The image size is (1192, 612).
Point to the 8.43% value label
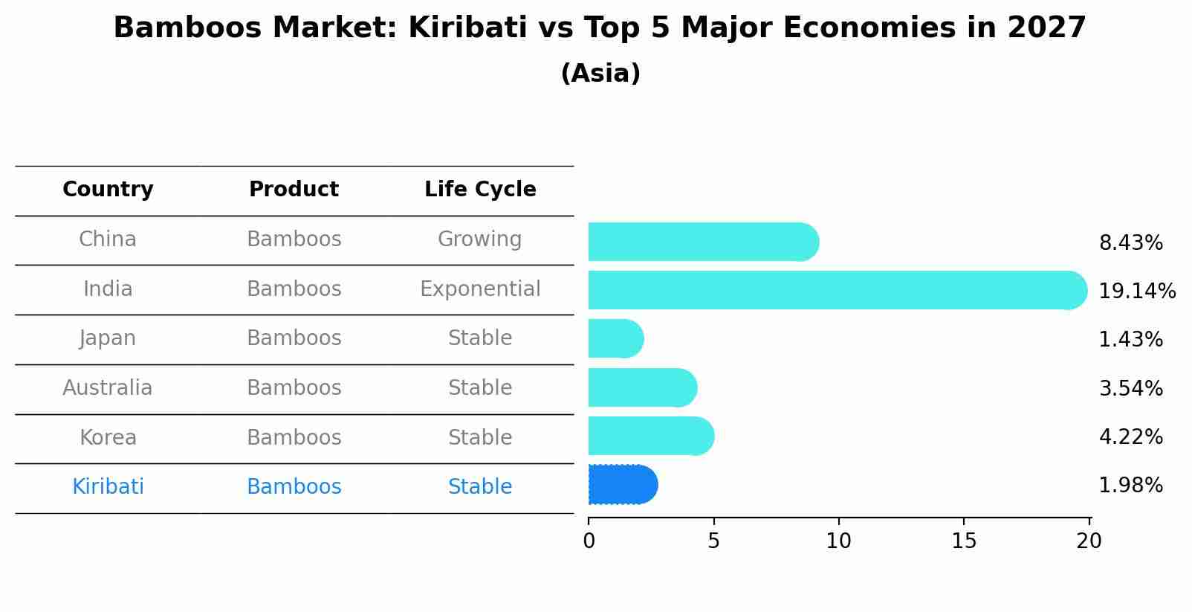(x=1130, y=243)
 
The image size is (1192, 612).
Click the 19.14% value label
(x=1136, y=291)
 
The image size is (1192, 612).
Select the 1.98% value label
(x=1130, y=486)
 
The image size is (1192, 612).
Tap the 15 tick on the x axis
(x=964, y=541)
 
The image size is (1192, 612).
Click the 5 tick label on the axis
(x=713, y=541)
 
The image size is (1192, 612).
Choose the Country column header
(x=108, y=190)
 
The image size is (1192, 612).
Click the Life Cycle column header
(x=480, y=190)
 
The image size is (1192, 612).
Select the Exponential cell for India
(x=480, y=289)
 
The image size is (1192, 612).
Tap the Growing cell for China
(x=479, y=239)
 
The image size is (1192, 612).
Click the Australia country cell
(x=108, y=388)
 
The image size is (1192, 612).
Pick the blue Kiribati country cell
(x=108, y=487)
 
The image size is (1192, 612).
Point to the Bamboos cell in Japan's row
(x=294, y=338)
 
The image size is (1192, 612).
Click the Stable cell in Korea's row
(x=480, y=437)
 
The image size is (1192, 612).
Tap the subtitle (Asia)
(x=600, y=74)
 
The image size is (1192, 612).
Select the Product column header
(x=294, y=190)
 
